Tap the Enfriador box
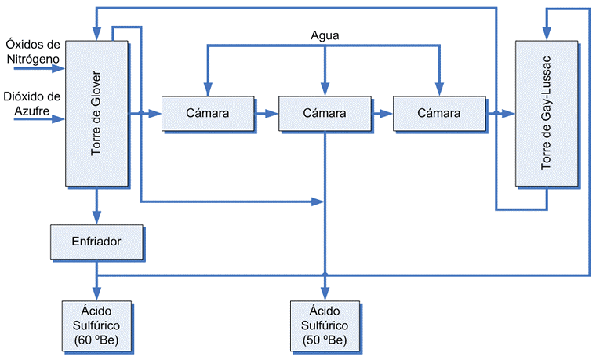tap(96, 241)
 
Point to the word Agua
tap(325, 35)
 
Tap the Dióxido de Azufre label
tap(33, 104)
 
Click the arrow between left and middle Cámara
tap(267, 114)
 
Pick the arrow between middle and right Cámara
tap(382, 114)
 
